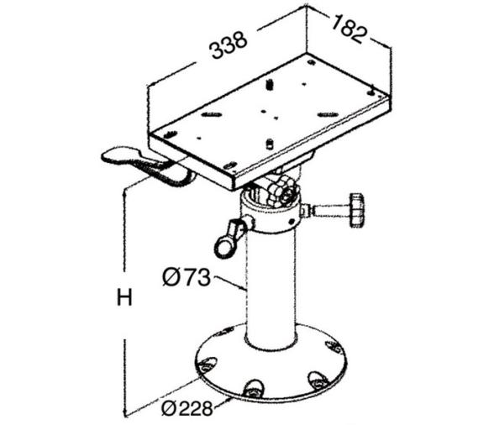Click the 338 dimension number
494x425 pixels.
tap(229, 45)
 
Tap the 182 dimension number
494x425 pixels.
tap(349, 29)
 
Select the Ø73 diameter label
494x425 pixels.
tap(187, 277)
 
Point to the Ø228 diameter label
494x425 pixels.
tap(187, 408)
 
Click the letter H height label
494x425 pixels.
tap(124, 297)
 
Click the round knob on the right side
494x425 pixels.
tap(357, 210)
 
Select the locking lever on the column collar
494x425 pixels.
tap(230, 237)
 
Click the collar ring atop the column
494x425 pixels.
tap(271, 212)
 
